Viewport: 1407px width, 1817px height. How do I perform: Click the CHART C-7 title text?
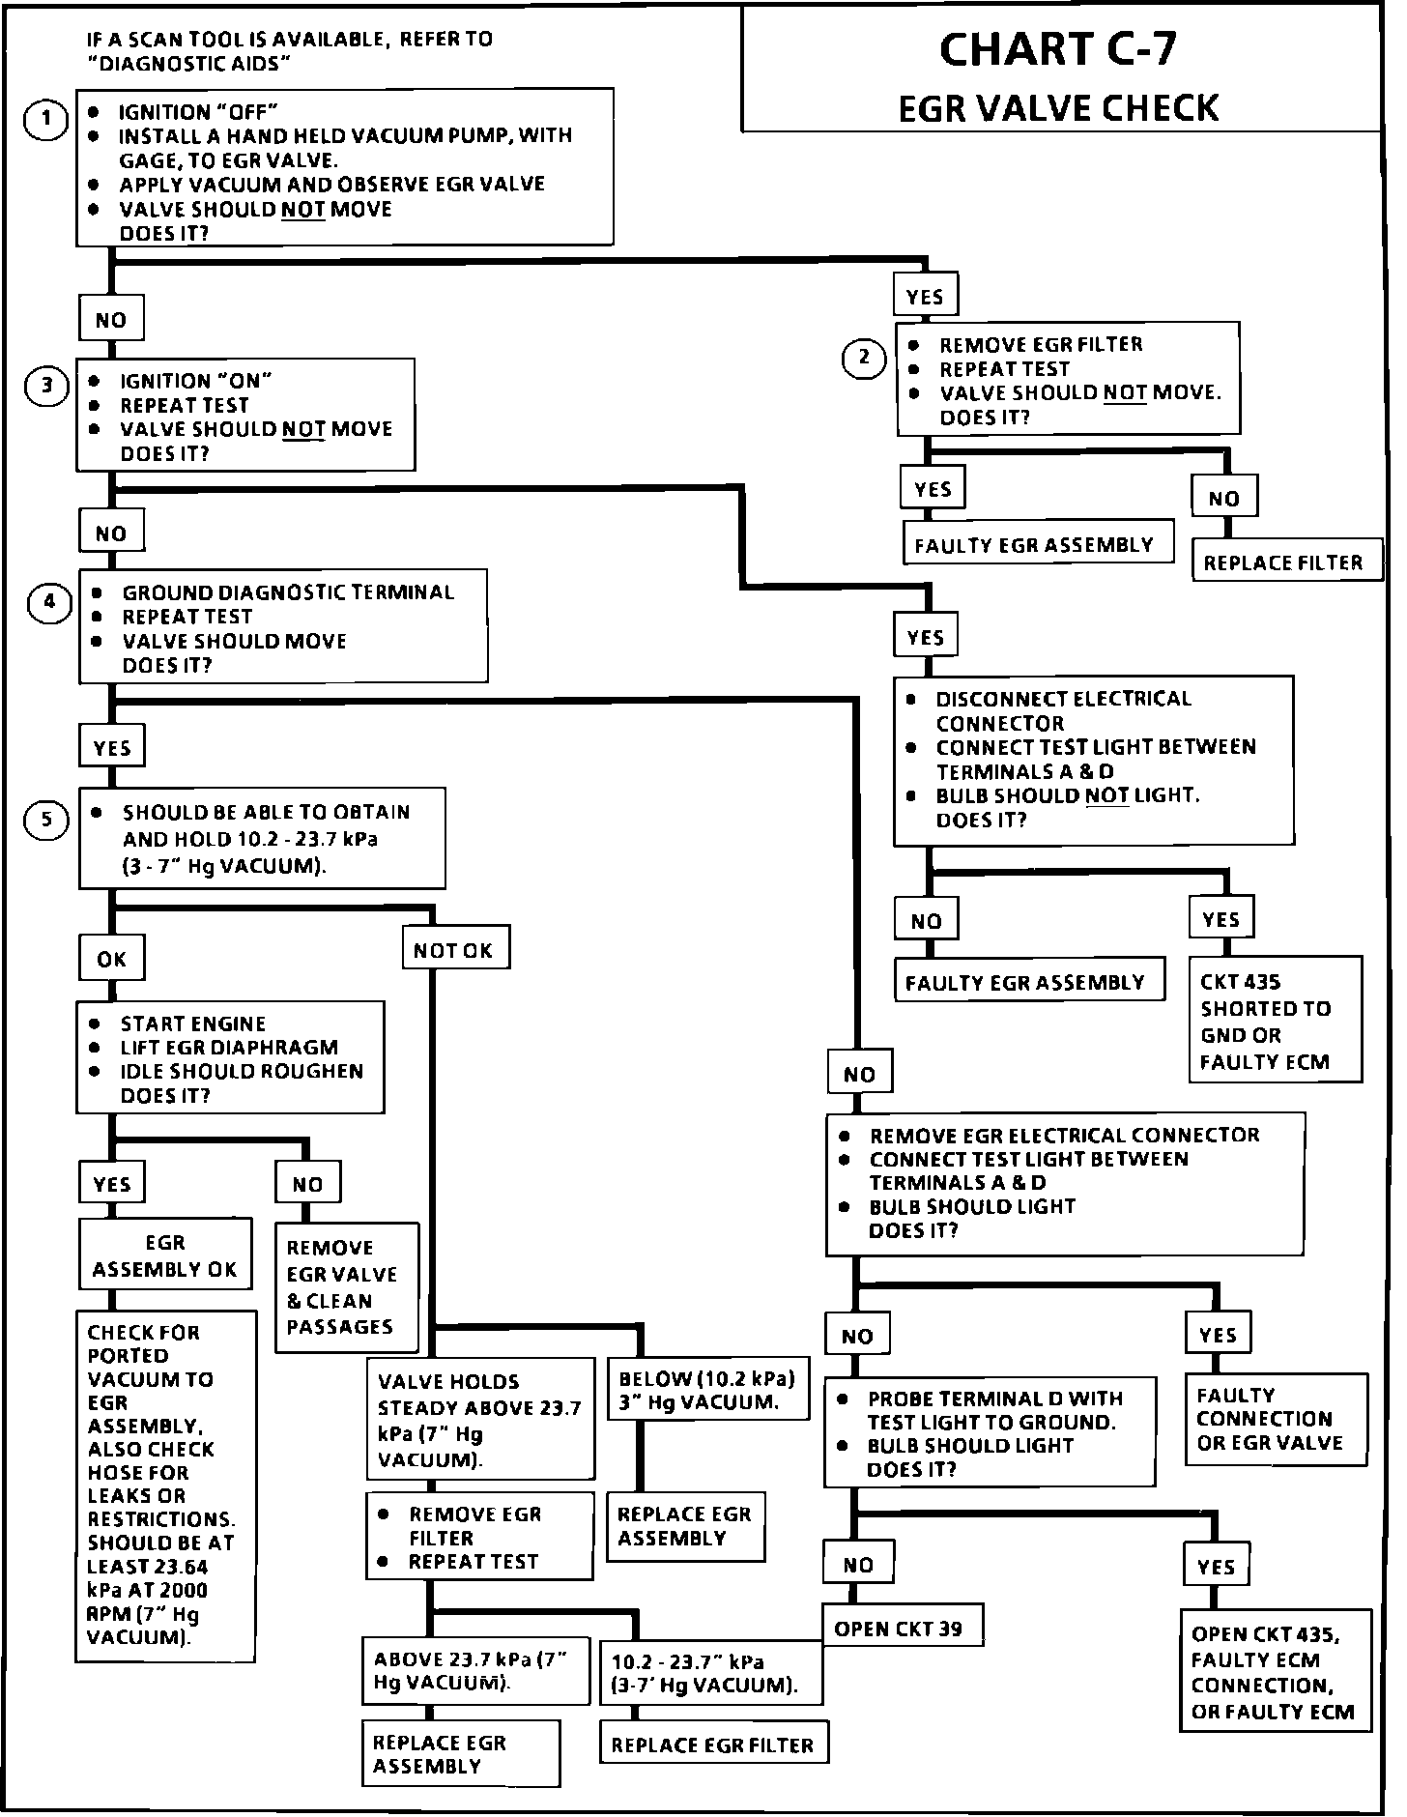click(x=1058, y=50)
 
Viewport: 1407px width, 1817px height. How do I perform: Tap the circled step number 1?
click(x=45, y=121)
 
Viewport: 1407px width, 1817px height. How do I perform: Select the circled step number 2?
click(x=864, y=359)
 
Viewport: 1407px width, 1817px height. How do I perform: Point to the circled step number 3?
click(x=46, y=388)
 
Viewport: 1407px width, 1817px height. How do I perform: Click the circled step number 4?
click(x=49, y=604)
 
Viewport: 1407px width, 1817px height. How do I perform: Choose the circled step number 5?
click(x=46, y=821)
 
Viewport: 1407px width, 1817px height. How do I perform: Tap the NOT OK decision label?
click(x=453, y=951)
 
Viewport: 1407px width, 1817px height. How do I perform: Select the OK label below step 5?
click(x=112, y=959)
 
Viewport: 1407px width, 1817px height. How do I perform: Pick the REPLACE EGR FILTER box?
click(x=713, y=1745)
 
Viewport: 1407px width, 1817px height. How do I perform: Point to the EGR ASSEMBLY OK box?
click(x=165, y=1255)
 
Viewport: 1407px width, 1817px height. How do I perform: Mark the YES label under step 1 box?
click(x=925, y=297)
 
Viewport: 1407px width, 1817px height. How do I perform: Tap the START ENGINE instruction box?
click(x=229, y=1058)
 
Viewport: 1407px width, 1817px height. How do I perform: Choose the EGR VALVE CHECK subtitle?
click(x=1058, y=108)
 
